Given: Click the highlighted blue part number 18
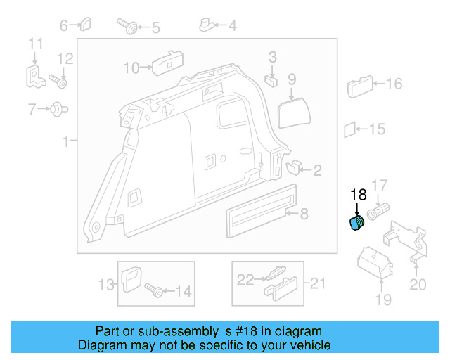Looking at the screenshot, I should (x=357, y=224).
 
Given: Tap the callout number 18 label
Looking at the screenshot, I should (x=359, y=194).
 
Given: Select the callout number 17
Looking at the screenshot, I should (x=379, y=186).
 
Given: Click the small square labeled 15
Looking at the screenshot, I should (x=350, y=129).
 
